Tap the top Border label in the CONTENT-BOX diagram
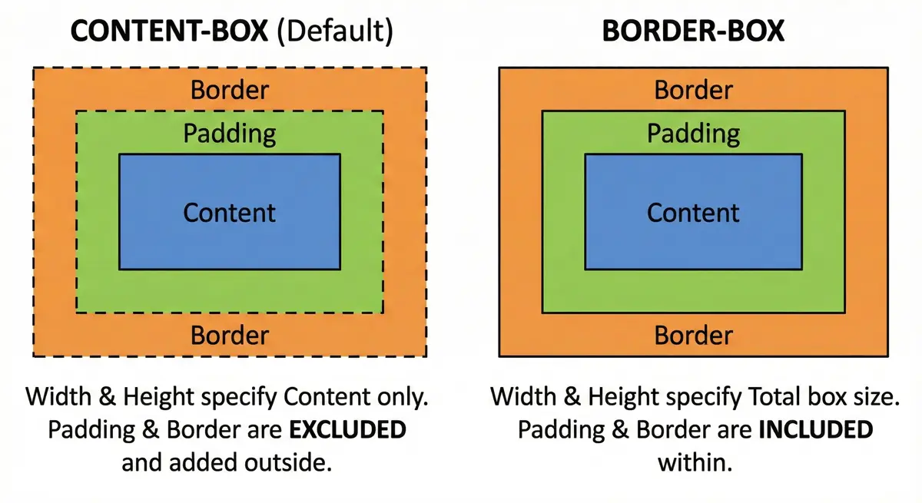point(230,90)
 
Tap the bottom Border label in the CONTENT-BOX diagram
point(230,336)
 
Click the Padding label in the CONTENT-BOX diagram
point(230,134)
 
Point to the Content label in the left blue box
point(230,212)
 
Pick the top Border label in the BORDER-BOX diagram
point(693,90)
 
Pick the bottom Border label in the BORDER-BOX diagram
point(693,336)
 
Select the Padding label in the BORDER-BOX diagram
point(693,134)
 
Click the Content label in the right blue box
point(693,212)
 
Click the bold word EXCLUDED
point(347,430)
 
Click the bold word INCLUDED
point(815,430)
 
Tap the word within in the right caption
point(695,463)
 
